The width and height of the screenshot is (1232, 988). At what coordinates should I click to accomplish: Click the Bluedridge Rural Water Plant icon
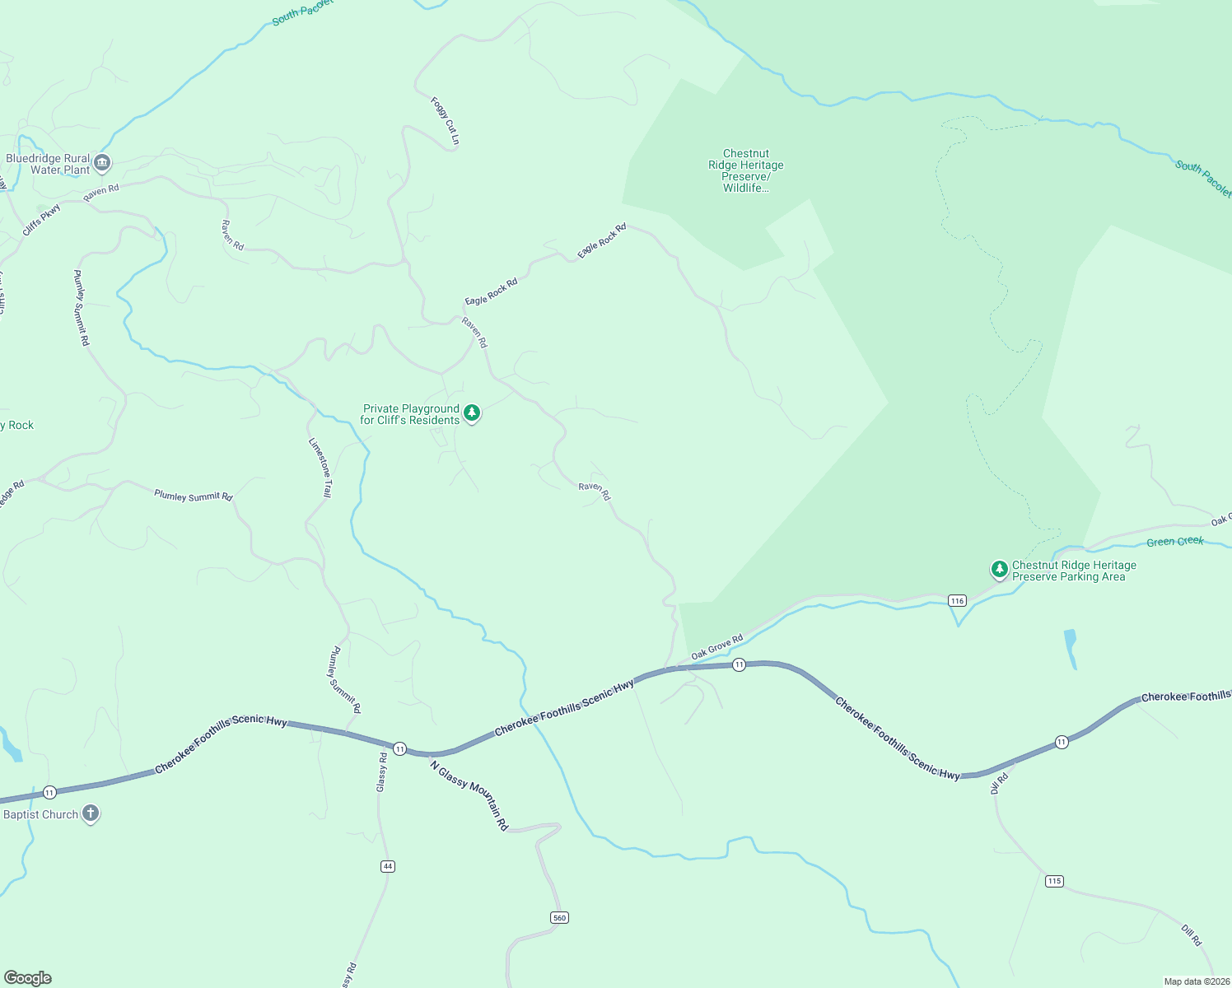[x=102, y=162]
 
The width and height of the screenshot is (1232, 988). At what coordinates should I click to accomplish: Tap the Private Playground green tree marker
[x=472, y=412]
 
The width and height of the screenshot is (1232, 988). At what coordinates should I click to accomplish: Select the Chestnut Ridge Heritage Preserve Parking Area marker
[x=999, y=569]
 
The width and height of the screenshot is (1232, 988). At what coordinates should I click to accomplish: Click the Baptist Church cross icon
[x=91, y=813]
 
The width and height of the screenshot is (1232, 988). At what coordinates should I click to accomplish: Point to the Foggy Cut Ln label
[x=446, y=121]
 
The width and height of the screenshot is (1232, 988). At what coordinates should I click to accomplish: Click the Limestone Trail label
[x=320, y=468]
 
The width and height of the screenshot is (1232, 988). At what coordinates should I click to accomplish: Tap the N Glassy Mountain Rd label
[x=469, y=795]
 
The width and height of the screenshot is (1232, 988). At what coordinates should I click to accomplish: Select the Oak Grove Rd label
[x=717, y=646]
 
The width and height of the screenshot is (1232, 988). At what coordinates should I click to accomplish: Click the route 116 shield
[x=956, y=601]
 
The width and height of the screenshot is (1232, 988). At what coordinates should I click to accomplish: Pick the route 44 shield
[x=388, y=866]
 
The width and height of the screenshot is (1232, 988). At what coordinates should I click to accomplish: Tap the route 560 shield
[x=559, y=917]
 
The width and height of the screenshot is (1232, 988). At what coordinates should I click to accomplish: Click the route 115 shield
[x=1054, y=881]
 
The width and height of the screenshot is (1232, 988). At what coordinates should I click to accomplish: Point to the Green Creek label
[x=1175, y=542]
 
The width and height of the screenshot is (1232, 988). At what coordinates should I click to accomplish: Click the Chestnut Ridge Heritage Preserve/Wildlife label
[x=746, y=170]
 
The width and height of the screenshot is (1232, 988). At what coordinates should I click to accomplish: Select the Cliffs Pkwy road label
[x=42, y=221]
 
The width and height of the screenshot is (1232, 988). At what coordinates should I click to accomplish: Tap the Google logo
[x=28, y=978]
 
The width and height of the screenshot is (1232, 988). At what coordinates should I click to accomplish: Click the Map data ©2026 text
[x=1196, y=981]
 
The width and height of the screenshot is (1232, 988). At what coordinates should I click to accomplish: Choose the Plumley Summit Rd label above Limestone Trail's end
[x=194, y=496]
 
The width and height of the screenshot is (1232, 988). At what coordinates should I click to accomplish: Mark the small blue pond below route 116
[x=1070, y=648]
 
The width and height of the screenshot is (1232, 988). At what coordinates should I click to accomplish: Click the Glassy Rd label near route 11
[x=381, y=772]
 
